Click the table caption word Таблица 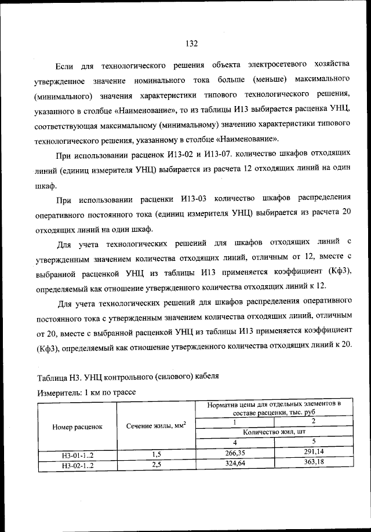pyautogui.click(x=52, y=377)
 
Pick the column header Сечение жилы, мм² pyautogui.click(x=156, y=426)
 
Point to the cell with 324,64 pyautogui.click(x=235, y=464)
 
